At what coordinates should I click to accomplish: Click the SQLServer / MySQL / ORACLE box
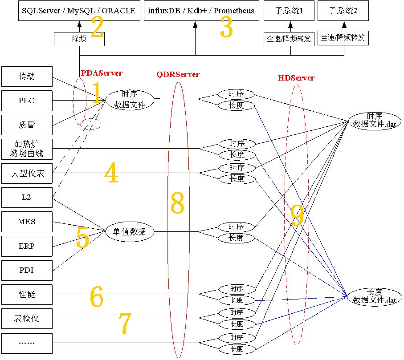tap(79, 11)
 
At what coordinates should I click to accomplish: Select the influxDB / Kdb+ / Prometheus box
tap(201, 11)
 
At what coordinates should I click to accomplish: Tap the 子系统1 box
tap(290, 11)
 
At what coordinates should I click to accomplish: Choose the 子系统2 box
tap(343, 11)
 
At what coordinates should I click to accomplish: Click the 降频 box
tap(79, 39)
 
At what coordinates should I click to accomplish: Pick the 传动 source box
tap(27, 77)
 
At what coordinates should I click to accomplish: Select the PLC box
tap(27, 101)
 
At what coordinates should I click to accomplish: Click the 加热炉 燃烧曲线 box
tap(27, 149)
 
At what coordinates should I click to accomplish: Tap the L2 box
tap(27, 198)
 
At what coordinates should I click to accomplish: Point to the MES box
tap(27, 222)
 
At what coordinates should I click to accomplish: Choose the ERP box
tap(27, 246)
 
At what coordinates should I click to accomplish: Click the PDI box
tap(27, 270)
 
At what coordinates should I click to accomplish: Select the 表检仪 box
tap(27, 319)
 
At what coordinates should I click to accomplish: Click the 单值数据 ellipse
tap(130, 232)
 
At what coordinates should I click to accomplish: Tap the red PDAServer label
tap(102, 73)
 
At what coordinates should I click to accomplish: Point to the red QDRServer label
tap(178, 74)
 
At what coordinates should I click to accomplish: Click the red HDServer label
tap(296, 78)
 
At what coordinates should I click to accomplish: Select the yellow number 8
tap(177, 204)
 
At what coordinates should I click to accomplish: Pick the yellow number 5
tap(83, 237)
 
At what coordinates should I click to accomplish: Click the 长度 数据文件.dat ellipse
tap(375, 296)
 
